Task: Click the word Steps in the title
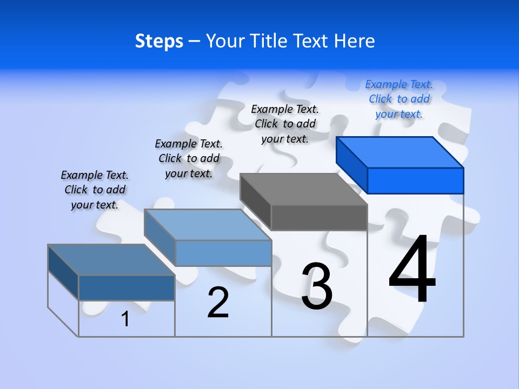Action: coord(159,41)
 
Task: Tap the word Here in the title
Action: coord(355,41)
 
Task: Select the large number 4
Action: coord(412,270)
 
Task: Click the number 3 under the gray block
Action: coord(317,286)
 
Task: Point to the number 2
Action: coord(218,303)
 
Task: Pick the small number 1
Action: coord(125,319)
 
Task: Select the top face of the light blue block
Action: coord(208,225)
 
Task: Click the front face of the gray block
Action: coord(319,217)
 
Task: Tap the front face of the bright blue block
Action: coord(415,180)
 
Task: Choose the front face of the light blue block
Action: coord(223,253)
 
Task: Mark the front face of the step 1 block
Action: coord(127,287)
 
